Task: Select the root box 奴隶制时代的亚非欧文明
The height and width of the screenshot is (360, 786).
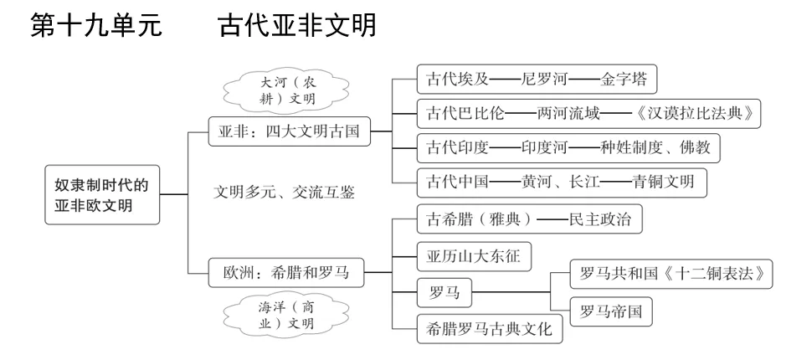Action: [x=101, y=195]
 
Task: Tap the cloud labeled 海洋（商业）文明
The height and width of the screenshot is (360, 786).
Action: [x=270, y=313]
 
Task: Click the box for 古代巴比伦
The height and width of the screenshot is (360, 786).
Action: [x=588, y=113]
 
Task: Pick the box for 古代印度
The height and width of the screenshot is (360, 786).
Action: [x=568, y=147]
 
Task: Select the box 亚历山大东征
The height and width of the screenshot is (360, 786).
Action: [x=473, y=255]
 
